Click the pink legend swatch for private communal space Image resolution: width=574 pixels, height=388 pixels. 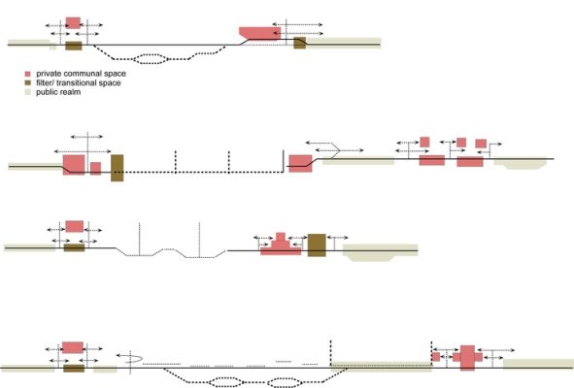(x=27, y=74)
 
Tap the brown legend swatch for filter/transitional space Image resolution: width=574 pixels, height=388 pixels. (x=27, y=83)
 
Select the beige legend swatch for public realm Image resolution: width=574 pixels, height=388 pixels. (x=27, y=92)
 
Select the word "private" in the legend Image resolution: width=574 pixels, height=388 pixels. (x=49, y=75)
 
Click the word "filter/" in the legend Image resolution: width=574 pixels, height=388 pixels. (x=45, y=83)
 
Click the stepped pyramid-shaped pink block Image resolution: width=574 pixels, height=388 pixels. (x=281, y=243)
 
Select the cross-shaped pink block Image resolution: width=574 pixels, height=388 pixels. (x=467, y=357)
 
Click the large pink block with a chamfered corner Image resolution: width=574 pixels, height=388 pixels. (x=260, y=33)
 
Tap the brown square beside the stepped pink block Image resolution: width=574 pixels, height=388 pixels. (x=317, y=245)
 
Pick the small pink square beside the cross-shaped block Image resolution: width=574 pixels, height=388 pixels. (x=436, y=357)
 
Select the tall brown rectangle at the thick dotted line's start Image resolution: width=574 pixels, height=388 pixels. (x=118, y=168)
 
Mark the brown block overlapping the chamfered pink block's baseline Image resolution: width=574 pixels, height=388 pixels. (x=300, y=43)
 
